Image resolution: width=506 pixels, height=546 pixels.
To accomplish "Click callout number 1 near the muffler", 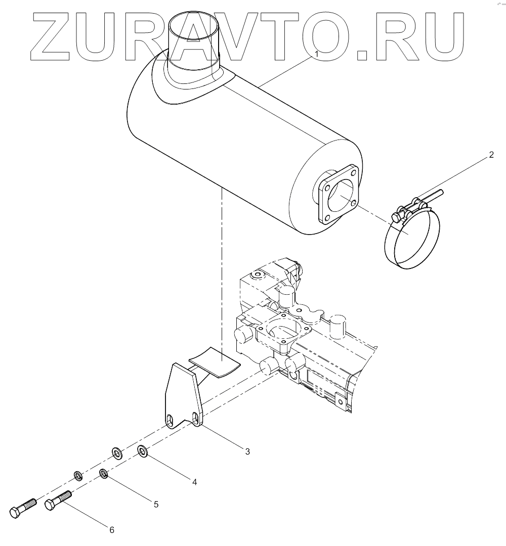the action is pyautogui.click(x=316, y=53).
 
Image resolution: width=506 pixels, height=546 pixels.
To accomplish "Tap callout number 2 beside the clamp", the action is pyautogui.click(x=490, y=155).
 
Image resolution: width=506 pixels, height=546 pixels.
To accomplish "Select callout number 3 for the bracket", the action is pyautogui.click(x=247, y=451).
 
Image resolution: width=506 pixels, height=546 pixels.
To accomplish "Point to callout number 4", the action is pyautogui.click(x=194, y=482).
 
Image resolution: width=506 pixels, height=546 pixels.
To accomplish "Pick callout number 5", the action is pyautogui.click(x=156, y=504).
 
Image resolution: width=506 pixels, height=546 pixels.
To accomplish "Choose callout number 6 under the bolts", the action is pyautogui.click(x=112, y=529).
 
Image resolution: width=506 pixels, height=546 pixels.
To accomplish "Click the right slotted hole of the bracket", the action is pyautogui.click(x=196, y=418).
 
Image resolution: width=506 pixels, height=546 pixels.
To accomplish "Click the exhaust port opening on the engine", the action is pyautogui.click(x=282, y=330).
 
